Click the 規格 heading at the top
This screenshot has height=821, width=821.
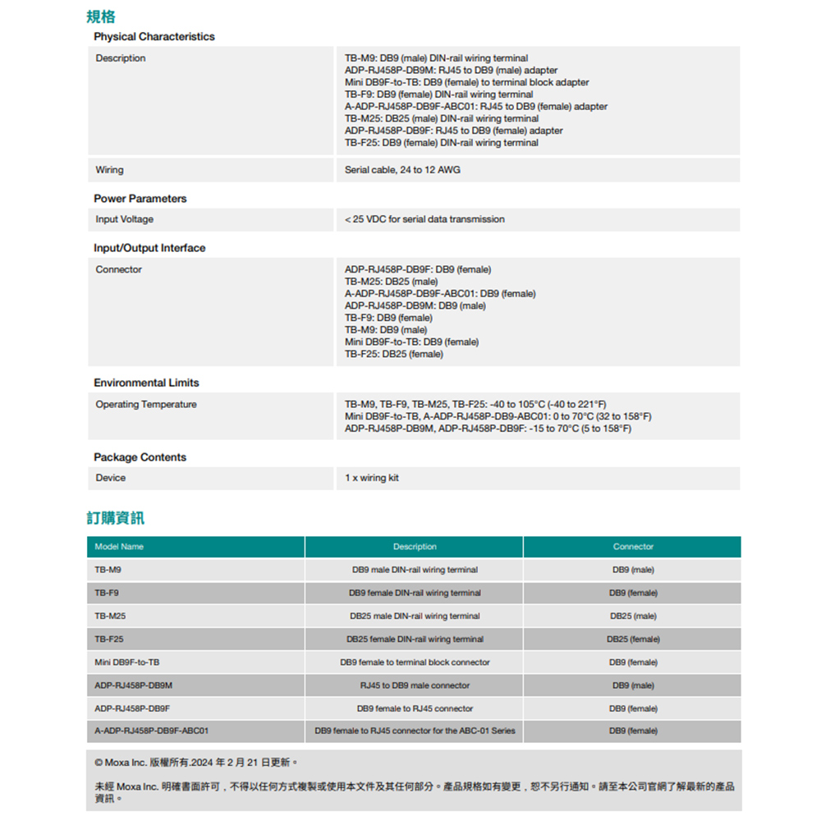tap(101, 16)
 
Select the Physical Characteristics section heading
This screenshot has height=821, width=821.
tap(154, 37)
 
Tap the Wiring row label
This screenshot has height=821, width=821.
tap(109, 170)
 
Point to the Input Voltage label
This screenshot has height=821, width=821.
tap(124, 219)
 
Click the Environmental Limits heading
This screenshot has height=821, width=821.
tap(146, 383)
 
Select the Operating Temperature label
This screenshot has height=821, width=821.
tap(146, 405)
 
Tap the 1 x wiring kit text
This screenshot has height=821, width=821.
tap(372, 478)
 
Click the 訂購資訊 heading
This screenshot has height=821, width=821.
tap(116, 518)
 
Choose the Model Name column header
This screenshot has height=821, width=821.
tap(119, 547)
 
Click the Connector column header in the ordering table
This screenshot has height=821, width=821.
tap(633, 547)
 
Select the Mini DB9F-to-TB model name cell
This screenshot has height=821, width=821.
tap(127, 662)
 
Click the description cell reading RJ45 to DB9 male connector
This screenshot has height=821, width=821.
tap(415, 686)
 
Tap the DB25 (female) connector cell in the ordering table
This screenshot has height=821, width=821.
tap(633, 639)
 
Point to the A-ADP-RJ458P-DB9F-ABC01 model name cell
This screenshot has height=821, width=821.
tap(152, 731)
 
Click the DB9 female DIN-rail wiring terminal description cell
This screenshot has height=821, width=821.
tap(415, 593)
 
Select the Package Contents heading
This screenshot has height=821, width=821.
tap(140, 457)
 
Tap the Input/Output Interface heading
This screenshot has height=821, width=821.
tap(149, 248)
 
